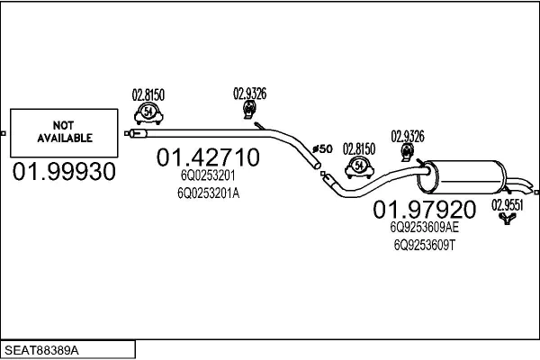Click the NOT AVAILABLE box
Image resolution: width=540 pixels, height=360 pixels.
click(63, 132)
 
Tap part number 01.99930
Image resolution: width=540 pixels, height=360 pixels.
click(64, 172)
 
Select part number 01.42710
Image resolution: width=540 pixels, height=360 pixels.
click(208, 158)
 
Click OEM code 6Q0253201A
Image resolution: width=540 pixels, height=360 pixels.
click(210, 192)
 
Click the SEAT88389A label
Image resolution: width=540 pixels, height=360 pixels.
click(43, 347)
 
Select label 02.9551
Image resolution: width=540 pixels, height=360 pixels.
click(507, 203)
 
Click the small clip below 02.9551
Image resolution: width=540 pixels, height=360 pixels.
click(508, 218)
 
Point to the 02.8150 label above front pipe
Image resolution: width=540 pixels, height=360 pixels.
click(148, 93)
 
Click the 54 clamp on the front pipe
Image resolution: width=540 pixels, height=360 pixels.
click(148, 112)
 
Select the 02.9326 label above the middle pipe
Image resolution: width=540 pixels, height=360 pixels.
click(249, 92)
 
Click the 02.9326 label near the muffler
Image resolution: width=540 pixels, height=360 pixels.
click(407, 136)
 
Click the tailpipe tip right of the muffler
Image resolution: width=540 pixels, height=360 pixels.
click(526, 189)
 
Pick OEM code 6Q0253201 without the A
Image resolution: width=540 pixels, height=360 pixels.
click(206, 176)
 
